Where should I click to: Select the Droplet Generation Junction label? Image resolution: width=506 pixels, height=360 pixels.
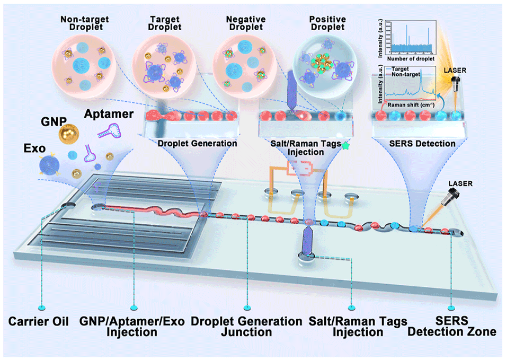click(246, 327)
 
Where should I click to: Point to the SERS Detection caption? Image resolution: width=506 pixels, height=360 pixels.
click(413, 144)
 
